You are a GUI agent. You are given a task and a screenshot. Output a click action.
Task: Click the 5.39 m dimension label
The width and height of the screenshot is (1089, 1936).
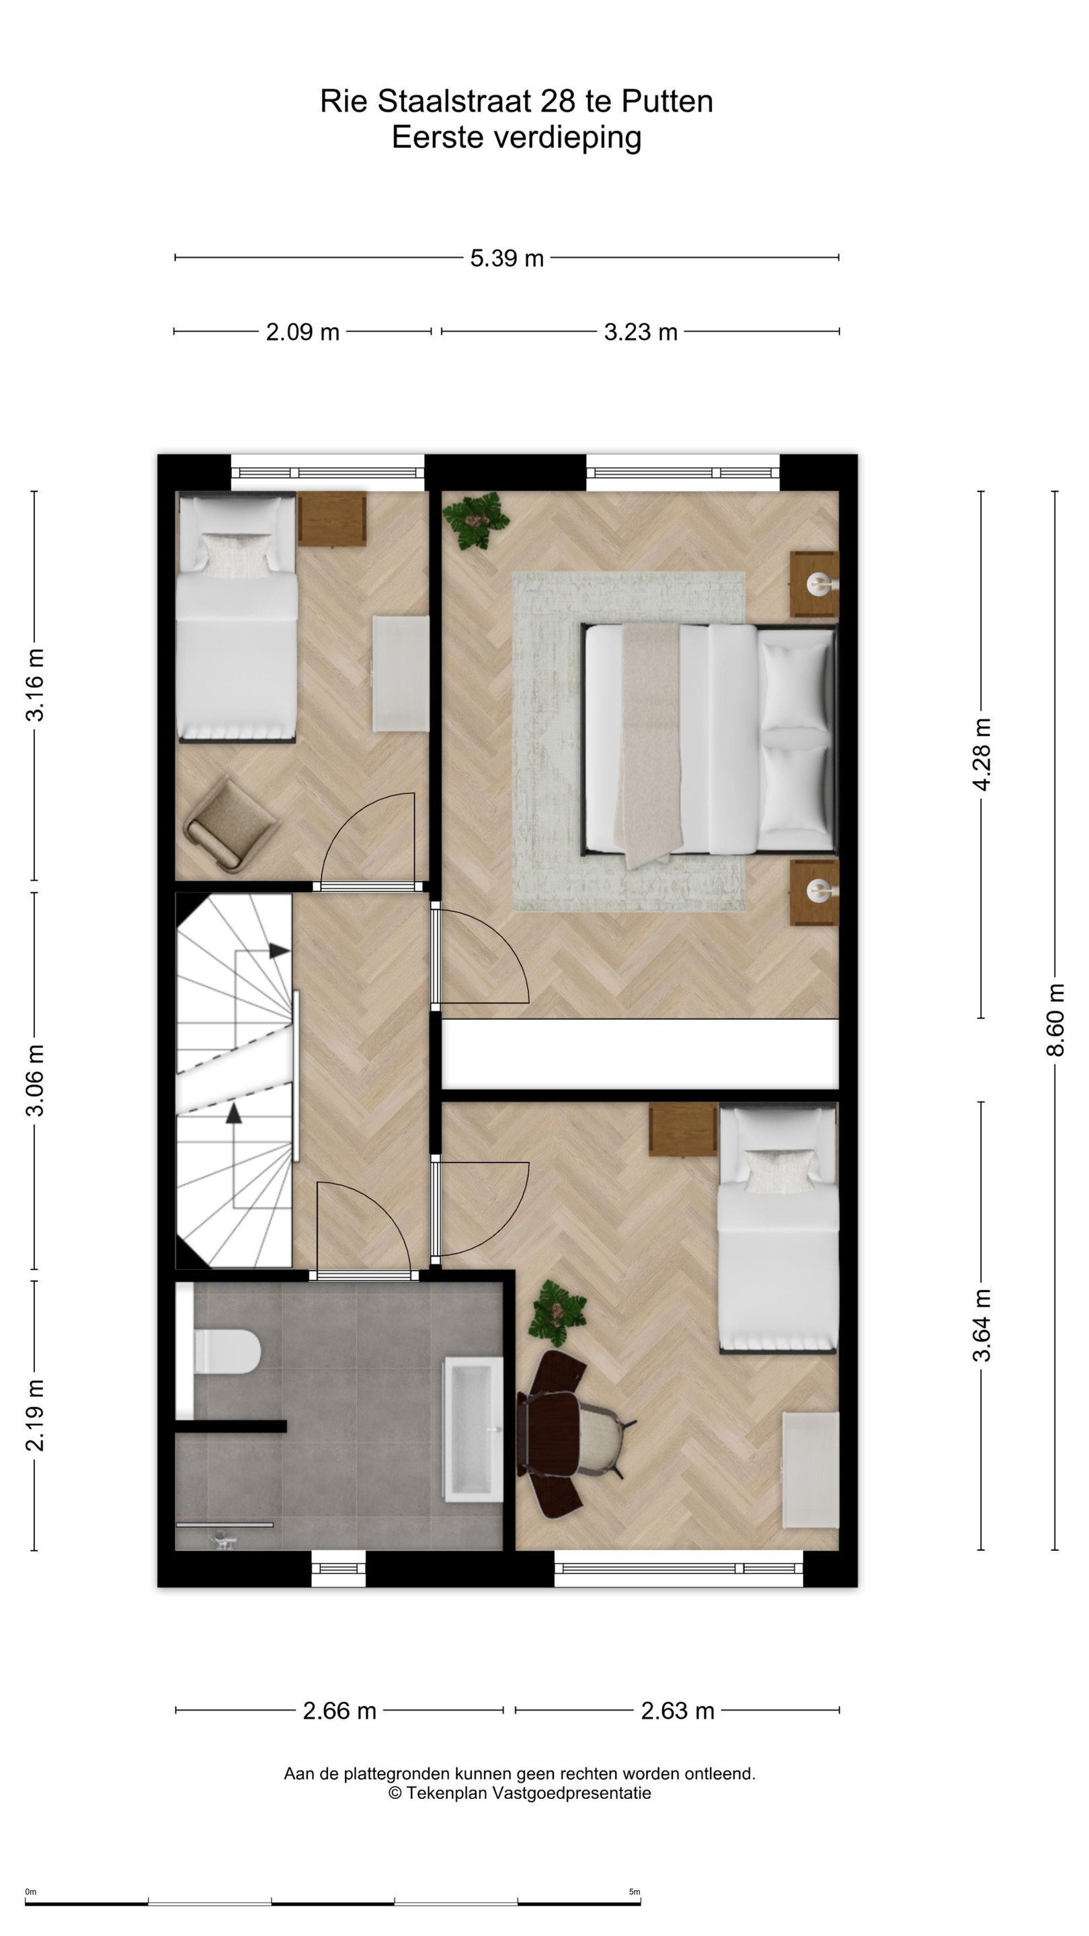(x=507, y=259)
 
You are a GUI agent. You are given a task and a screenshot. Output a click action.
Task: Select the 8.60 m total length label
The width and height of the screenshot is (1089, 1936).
(x=1055, y=1020)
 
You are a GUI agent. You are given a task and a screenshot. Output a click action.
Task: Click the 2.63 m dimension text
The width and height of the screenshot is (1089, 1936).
(x=677, y=1711)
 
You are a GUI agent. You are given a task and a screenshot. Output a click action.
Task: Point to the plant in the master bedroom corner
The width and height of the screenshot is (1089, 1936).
(x=475, y=520)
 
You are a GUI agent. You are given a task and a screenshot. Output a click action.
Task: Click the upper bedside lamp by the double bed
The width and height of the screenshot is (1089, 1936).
(x=819, y=583)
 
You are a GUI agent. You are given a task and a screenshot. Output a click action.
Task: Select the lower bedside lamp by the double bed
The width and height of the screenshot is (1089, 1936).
(x=819, y=891)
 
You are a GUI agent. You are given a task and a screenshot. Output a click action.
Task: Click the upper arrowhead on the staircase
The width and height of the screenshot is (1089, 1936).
(x=280, y=951)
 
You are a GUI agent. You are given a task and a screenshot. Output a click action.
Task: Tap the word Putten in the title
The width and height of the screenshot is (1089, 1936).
(x=668, y=102)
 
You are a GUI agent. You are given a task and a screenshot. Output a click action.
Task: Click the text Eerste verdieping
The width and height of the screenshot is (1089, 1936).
(x=516, y=138)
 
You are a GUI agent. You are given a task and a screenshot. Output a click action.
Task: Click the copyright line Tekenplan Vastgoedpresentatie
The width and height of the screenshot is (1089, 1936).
(x=520, y=1793)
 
